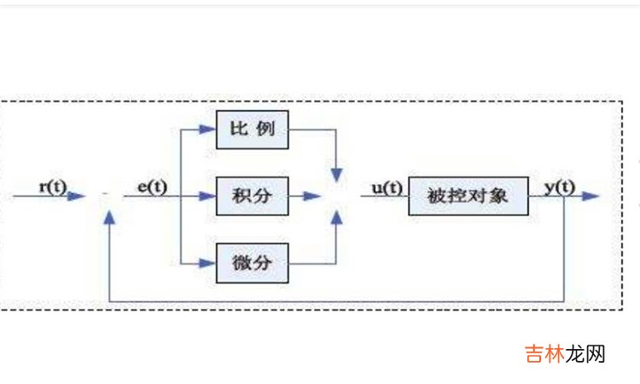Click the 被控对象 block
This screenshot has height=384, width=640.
[x=468, y=195]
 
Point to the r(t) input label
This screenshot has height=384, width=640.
[x=53, y=186]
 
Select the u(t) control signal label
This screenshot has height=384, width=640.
[x=387, y=186]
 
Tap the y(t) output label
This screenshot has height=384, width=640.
[x=559, y=186]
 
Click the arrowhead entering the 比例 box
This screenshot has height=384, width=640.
[x=207, y=130]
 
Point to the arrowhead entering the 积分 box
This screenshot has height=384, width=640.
[x=207, y=196]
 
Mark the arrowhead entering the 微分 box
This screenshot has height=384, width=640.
[x=207, y=262]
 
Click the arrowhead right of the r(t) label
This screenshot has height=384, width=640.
[x=79, y=196]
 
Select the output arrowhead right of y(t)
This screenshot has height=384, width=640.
[x=591, y=196]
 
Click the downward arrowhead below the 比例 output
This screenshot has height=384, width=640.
[x=337, y=173]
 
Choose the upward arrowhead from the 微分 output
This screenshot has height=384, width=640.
[x=337, y=219]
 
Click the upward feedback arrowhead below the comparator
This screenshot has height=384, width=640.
[x=109, y=219]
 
